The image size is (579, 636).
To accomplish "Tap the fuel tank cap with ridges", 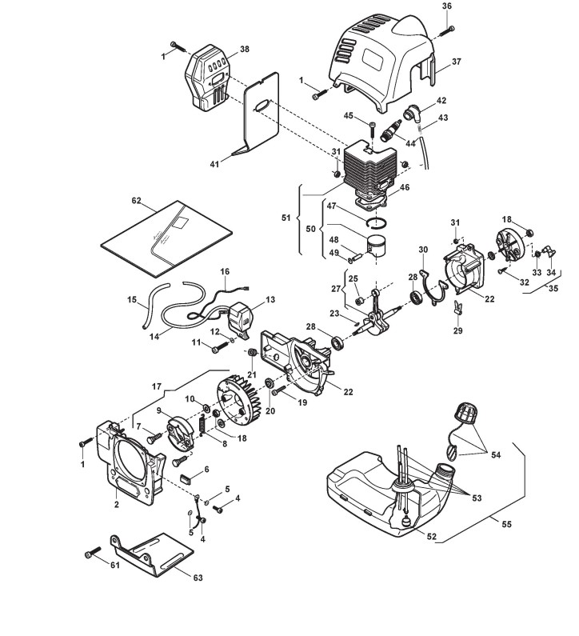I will point(465,415).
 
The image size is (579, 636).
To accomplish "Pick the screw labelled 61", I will point(94,553).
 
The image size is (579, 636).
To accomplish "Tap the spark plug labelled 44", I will point(394,126).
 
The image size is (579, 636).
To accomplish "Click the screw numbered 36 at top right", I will point(448,30).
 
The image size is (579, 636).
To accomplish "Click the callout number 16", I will point(225,271).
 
